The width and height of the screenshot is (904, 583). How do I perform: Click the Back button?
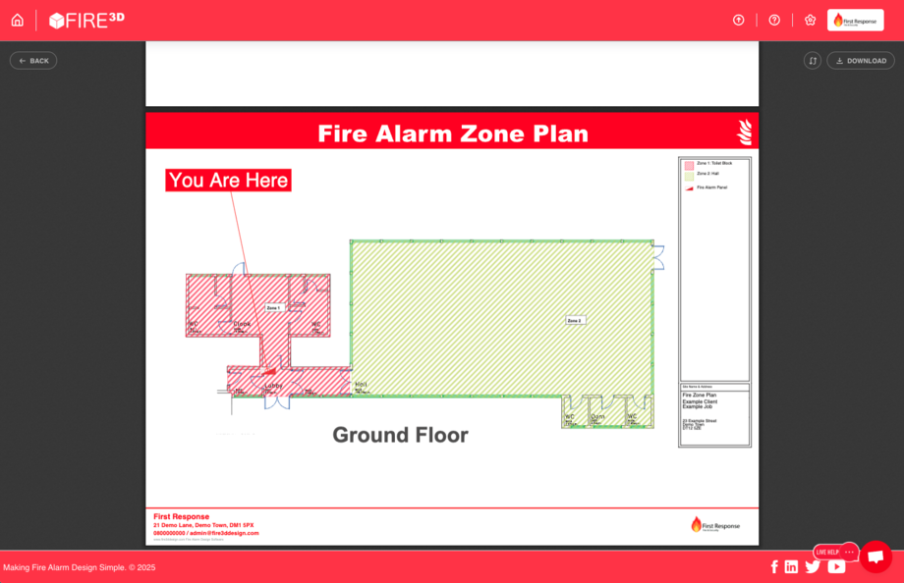click(33, 61)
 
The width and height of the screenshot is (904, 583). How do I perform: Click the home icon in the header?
click(17, 20)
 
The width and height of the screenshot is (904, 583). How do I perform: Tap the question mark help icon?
click(774, 20)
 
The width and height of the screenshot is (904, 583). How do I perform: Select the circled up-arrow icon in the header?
click(739, 20)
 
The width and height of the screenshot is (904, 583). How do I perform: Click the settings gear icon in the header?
click(810, 20)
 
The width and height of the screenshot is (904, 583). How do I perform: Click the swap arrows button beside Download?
click(813, 61)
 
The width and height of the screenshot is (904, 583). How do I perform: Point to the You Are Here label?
click(228, 181)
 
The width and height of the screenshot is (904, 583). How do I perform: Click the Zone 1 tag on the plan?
click(273, 307)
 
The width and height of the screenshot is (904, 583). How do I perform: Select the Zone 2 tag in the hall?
click(575, 320)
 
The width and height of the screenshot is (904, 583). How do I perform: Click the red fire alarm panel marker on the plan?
click(268, 371)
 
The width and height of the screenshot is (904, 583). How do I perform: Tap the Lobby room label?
click(273, 386)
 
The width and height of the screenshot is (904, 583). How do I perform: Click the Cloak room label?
click(242, 324)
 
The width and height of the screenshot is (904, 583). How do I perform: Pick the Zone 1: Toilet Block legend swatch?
click(690, 164)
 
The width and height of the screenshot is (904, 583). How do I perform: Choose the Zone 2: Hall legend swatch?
click(690, 175)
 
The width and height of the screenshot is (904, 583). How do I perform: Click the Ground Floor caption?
click(400, 435)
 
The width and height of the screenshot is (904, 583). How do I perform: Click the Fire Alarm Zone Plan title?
click(453, 133)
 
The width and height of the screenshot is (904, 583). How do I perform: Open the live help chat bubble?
click(876, 556)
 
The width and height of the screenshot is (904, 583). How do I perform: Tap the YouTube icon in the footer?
click(836, 566)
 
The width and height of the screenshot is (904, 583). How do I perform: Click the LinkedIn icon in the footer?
click(791, 566)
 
